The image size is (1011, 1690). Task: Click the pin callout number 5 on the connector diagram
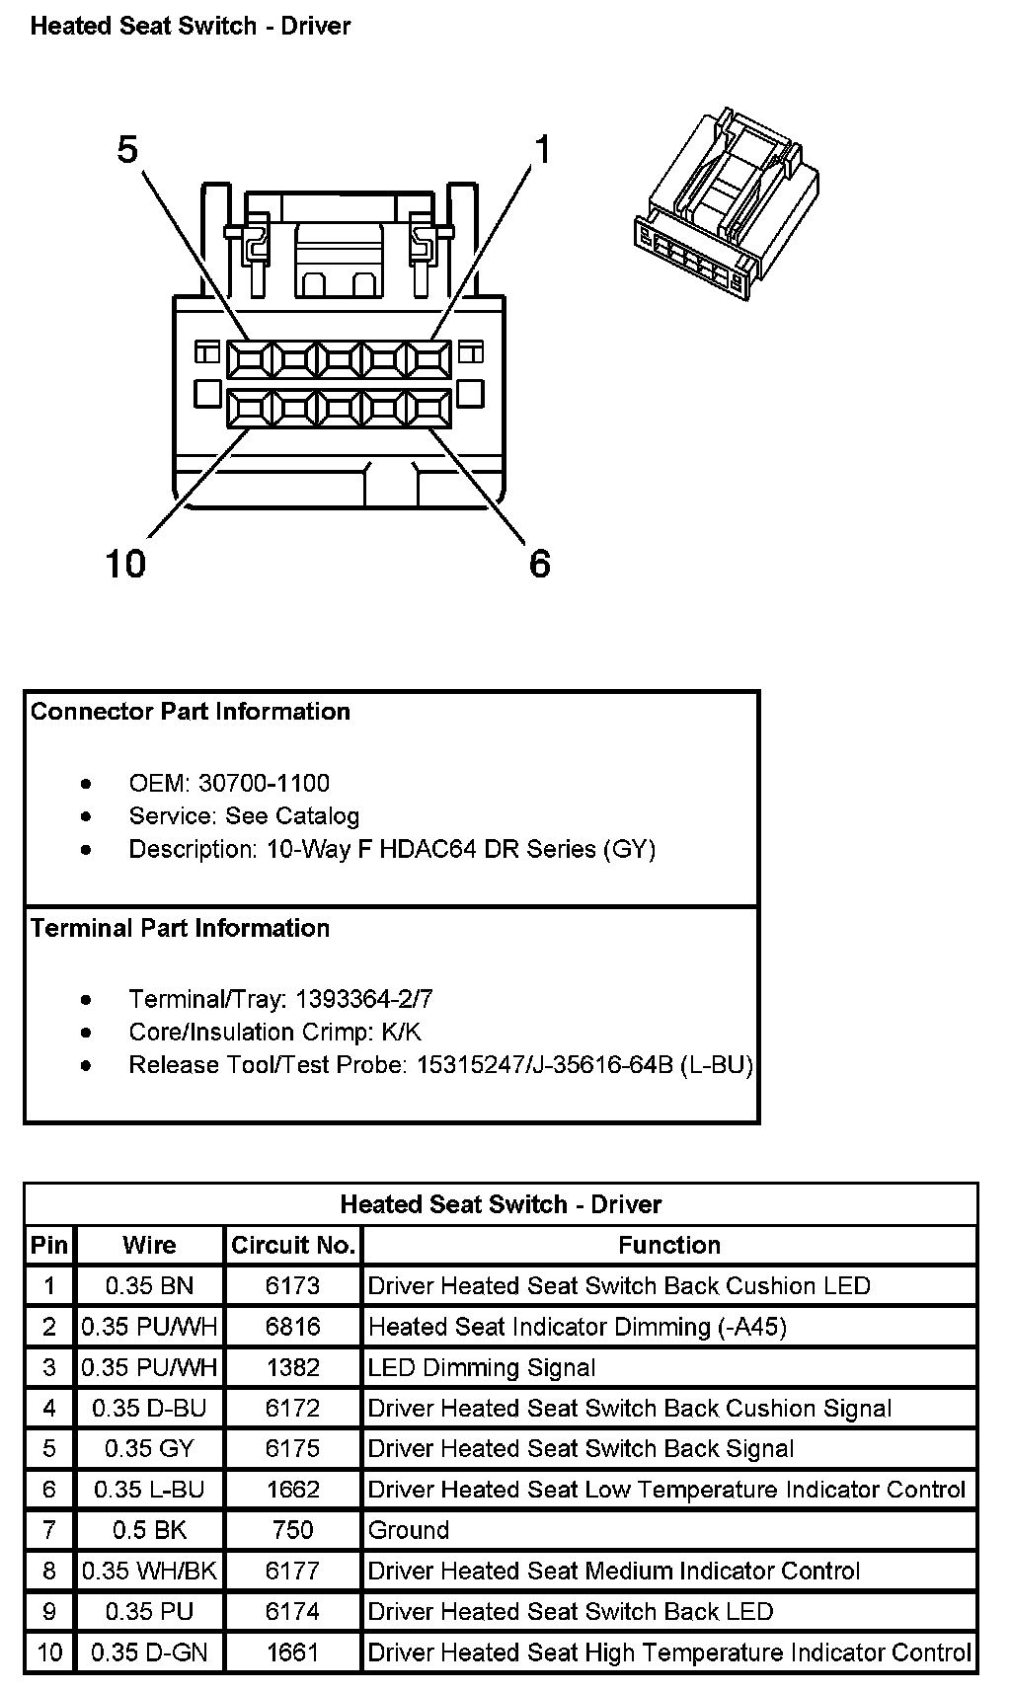pos(127,149)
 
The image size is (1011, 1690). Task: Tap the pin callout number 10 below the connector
pos(125,564)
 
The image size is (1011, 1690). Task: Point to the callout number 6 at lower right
pos(540,564)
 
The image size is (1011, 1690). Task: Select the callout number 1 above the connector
pos(542,149)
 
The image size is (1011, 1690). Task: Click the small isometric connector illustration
pos(727,203)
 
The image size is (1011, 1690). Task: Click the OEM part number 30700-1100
pos(264,783)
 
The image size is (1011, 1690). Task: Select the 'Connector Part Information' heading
pos(191,712)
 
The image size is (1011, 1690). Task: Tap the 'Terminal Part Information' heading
pos(181,928)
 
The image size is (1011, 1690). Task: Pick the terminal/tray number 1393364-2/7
pos(364,999)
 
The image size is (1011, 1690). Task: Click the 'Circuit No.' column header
pos(293,1245)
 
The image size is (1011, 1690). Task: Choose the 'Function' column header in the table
pos(669,1245)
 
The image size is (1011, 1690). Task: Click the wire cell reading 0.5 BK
pos(149,1530)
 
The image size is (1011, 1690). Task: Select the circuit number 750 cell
pos(293,1530)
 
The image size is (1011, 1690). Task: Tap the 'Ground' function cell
pos(408,1530)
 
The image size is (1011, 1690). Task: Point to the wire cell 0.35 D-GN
pos(149,1652)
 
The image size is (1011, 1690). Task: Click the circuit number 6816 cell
pos(293,1327)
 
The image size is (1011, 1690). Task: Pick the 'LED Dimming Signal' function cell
pos(482,1367)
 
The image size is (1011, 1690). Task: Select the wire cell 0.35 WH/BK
pos(149,1571)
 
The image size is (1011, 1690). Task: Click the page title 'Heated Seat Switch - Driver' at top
pos(191,26)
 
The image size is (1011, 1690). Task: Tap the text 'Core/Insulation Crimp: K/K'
pos(275,1032)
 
